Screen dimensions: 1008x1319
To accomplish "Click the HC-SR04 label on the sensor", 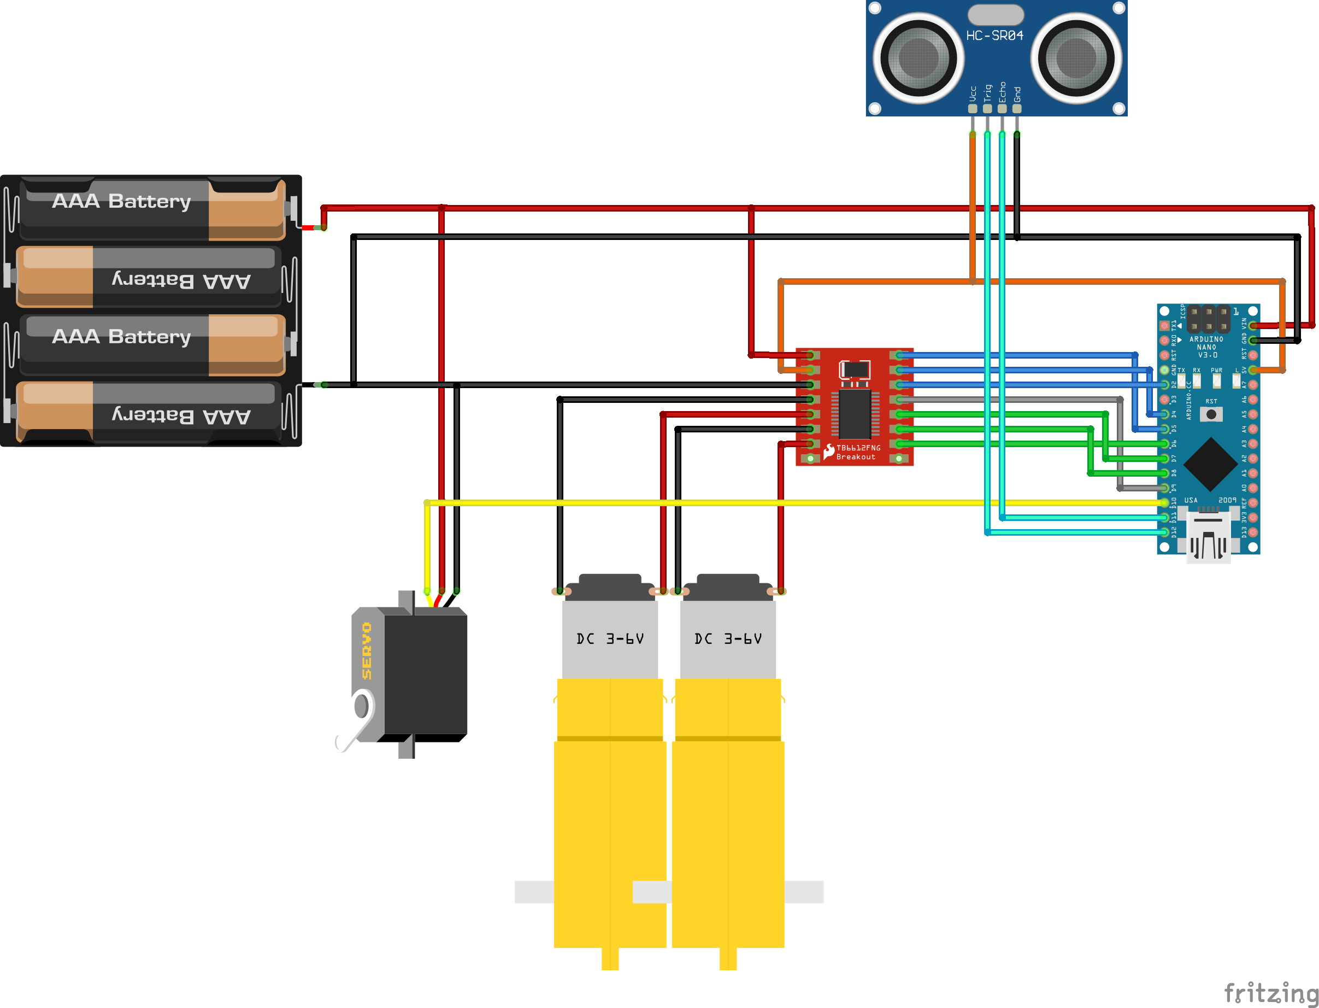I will click(x=994, y=36).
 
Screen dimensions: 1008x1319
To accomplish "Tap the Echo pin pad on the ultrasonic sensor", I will click(x=1002, y=109).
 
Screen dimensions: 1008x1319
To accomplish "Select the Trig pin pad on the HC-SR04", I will click(x=987, y=109).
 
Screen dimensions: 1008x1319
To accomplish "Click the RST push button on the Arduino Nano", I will click(x=1211, y=414).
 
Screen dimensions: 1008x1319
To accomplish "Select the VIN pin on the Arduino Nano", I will click(x=1252, y=326).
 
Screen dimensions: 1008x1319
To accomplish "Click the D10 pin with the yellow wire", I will click(x=1164, y=502).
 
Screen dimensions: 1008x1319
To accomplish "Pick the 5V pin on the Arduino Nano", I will click(x=1252, y=370).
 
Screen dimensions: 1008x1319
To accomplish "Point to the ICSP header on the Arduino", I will click(x=1208, y=319).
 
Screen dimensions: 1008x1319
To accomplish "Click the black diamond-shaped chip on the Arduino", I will click(x=1210, y=465).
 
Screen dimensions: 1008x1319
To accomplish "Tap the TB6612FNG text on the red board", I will click(x=858, y=448).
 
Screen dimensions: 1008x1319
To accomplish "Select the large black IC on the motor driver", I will click(x=854, y=414).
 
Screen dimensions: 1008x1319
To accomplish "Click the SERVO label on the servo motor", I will click(x=367, y=651).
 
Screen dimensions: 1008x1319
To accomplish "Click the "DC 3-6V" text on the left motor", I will click(x=609, y=639).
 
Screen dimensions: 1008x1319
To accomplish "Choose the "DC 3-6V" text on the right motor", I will click(x=728, y=639).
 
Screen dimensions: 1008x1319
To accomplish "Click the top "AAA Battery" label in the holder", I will click(x=121, y=201).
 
